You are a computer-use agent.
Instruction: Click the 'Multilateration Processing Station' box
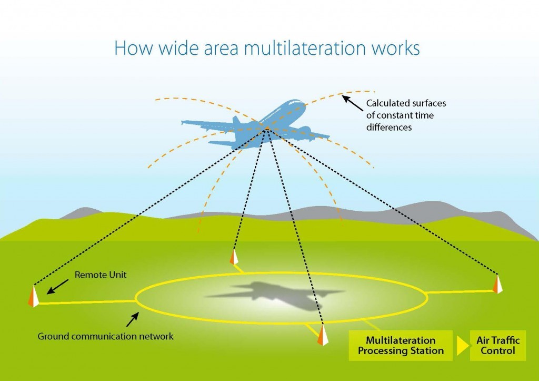pyautogui.click(x=401, y=345)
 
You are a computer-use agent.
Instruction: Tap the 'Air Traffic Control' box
pyautogui.click(x=497, y=345)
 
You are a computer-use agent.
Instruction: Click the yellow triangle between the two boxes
pyautogui.click(x=462, y=346)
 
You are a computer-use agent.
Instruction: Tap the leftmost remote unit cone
pyautogui.click(x=34, y=296)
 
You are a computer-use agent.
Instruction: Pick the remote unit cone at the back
pyautogui.click(x=234, y=257)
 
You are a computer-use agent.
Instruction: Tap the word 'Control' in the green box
pyautogui.click(x=497, y=350)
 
